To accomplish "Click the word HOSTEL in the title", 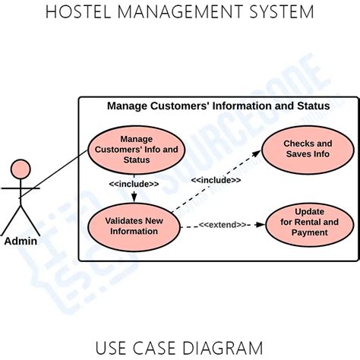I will [x=76, y=12].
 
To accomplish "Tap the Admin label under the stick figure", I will [x=21, y=242].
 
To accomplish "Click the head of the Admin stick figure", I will [x=21, y=169].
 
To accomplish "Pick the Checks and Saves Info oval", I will [x=308, y=149].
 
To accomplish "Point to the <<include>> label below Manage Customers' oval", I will [x=134, y=184].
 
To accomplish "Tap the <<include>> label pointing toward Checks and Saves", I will [x=216, y=180].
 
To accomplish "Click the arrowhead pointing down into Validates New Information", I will [x=134, y=198].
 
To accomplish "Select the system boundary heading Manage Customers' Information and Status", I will [x=218, y=106].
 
